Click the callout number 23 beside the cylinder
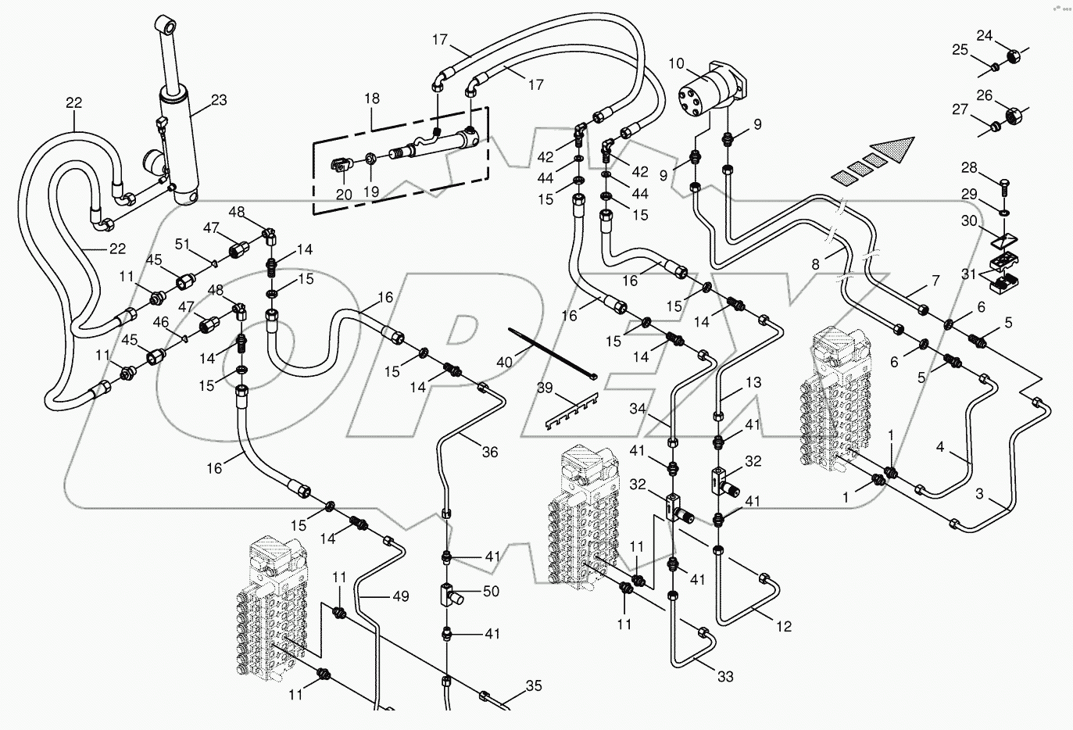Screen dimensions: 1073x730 pos(219,100)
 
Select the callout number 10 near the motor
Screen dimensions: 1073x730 pos(676,63)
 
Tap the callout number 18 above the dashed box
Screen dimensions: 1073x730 pos(372,98)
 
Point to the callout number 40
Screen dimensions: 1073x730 pos(504,362)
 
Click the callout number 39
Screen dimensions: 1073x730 pos(545,388)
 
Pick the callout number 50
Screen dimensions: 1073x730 pos(491,591)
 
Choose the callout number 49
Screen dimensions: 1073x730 pos(400,596)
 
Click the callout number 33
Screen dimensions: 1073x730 pos(725,676)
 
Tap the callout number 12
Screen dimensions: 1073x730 pos(784,626)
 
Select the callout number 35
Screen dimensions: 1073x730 pos(534,685)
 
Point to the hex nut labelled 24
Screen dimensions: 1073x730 pos(1011,56)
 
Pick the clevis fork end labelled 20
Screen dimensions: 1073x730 pos(341,165)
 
